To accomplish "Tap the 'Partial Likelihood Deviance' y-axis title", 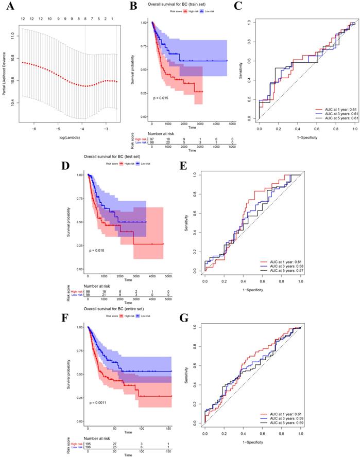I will [x=5, y=72].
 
